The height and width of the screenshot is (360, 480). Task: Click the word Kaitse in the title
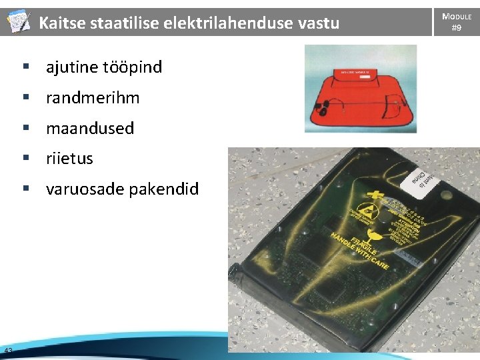pyautogui.click(x=59, y=23)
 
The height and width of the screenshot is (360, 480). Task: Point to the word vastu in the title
pyautogui.click(x=319, y=23)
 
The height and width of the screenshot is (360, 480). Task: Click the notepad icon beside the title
pyautogui.click(x=18, y=23)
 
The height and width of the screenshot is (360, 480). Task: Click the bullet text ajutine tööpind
pyautogui.click(x=103, y=67)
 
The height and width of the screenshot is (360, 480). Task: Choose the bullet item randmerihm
pyautogui.click(x=93, y=97)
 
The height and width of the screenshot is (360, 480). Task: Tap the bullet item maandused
pyautogui.click(x=90, y=128)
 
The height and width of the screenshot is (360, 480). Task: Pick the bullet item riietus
pyautogui.click(x=69, y=159)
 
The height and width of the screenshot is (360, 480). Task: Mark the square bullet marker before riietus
pyautogui.click(x=26, y=159)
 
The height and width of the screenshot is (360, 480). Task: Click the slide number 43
pyautogui.click(x=8, y=351)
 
